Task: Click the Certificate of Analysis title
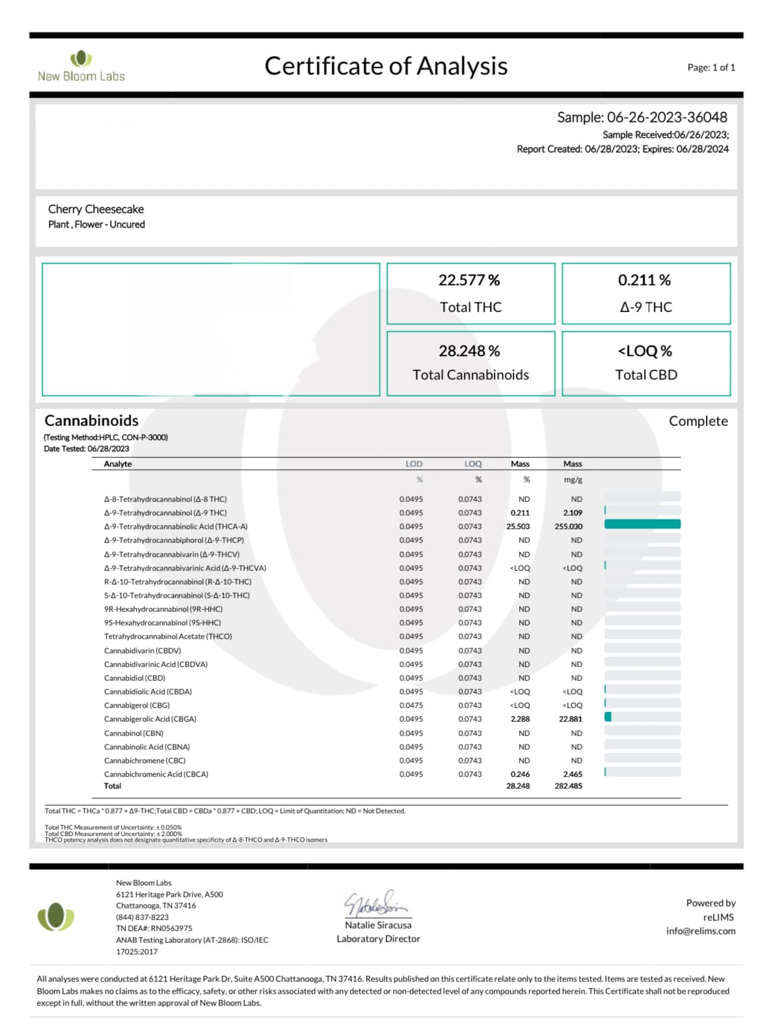pyautogui.click(x=386, y=66)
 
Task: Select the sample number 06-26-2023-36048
pyautogui.click(x=667, y=118)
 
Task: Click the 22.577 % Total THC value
pyautogui.click(x=469, y=280)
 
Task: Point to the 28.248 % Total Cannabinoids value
pyautogui.click(x=469, y=351)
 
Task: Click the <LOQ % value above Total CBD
pyautogui.click(x=645, y=351)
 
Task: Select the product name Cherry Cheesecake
pyautogui.click(x=96, y=209)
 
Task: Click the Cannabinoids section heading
pyautogui.click(x=92, y=421)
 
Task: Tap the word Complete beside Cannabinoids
pyautogui.click(x=698, y=421)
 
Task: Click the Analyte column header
pyautogui.click(x=118, y=464)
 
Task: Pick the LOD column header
pyautogui.click(x=414, y=464)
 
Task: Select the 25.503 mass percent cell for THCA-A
pyautogui.click(x=518, y=527)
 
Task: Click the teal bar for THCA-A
pyautogui.click(x=642, y=524)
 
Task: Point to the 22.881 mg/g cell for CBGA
pyautogui.click(x=571, y=719)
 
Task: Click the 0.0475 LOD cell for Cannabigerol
pyautogui.click(x=411, y=706)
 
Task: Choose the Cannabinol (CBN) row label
pyautogui.click(x=133, y=733)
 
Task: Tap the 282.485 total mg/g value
pyautogui.click(x=569, y=786)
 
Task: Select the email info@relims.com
pyautogui.click(x=701, y=931)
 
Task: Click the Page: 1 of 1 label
pyautogui.click(x=711, y=68)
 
